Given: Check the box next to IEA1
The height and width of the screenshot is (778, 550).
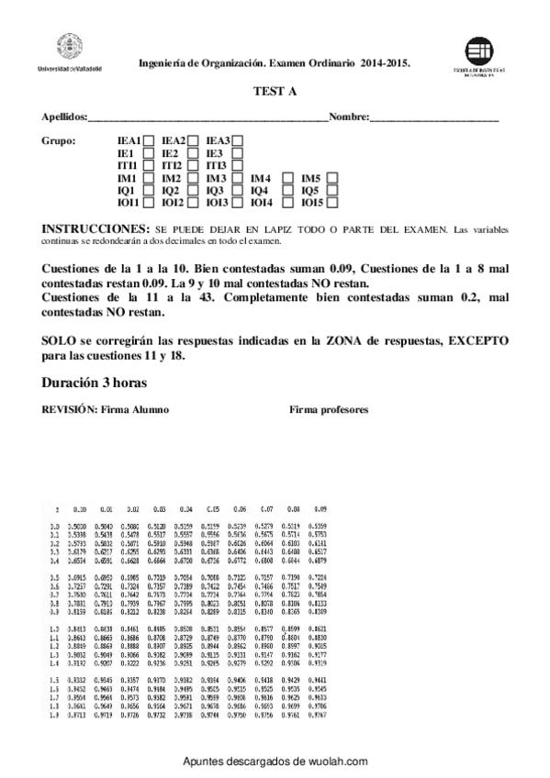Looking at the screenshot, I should [x=149, y=139].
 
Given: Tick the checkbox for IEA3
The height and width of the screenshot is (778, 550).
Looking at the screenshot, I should [x=238, y=139].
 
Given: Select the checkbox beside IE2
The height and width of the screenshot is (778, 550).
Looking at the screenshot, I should [x=194, y=152].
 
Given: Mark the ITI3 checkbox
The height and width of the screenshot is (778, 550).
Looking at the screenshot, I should [x=238, y=165].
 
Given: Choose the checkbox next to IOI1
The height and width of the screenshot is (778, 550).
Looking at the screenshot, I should [x=149, y=203].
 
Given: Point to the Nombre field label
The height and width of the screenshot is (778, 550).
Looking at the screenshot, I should [x=348, y=118].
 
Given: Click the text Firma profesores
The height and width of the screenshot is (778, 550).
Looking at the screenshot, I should [x=329, y=409].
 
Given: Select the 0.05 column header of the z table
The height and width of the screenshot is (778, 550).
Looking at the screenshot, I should [x=213, y=507].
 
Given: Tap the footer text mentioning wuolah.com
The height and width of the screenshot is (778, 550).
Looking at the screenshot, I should [x=275, y=761].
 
